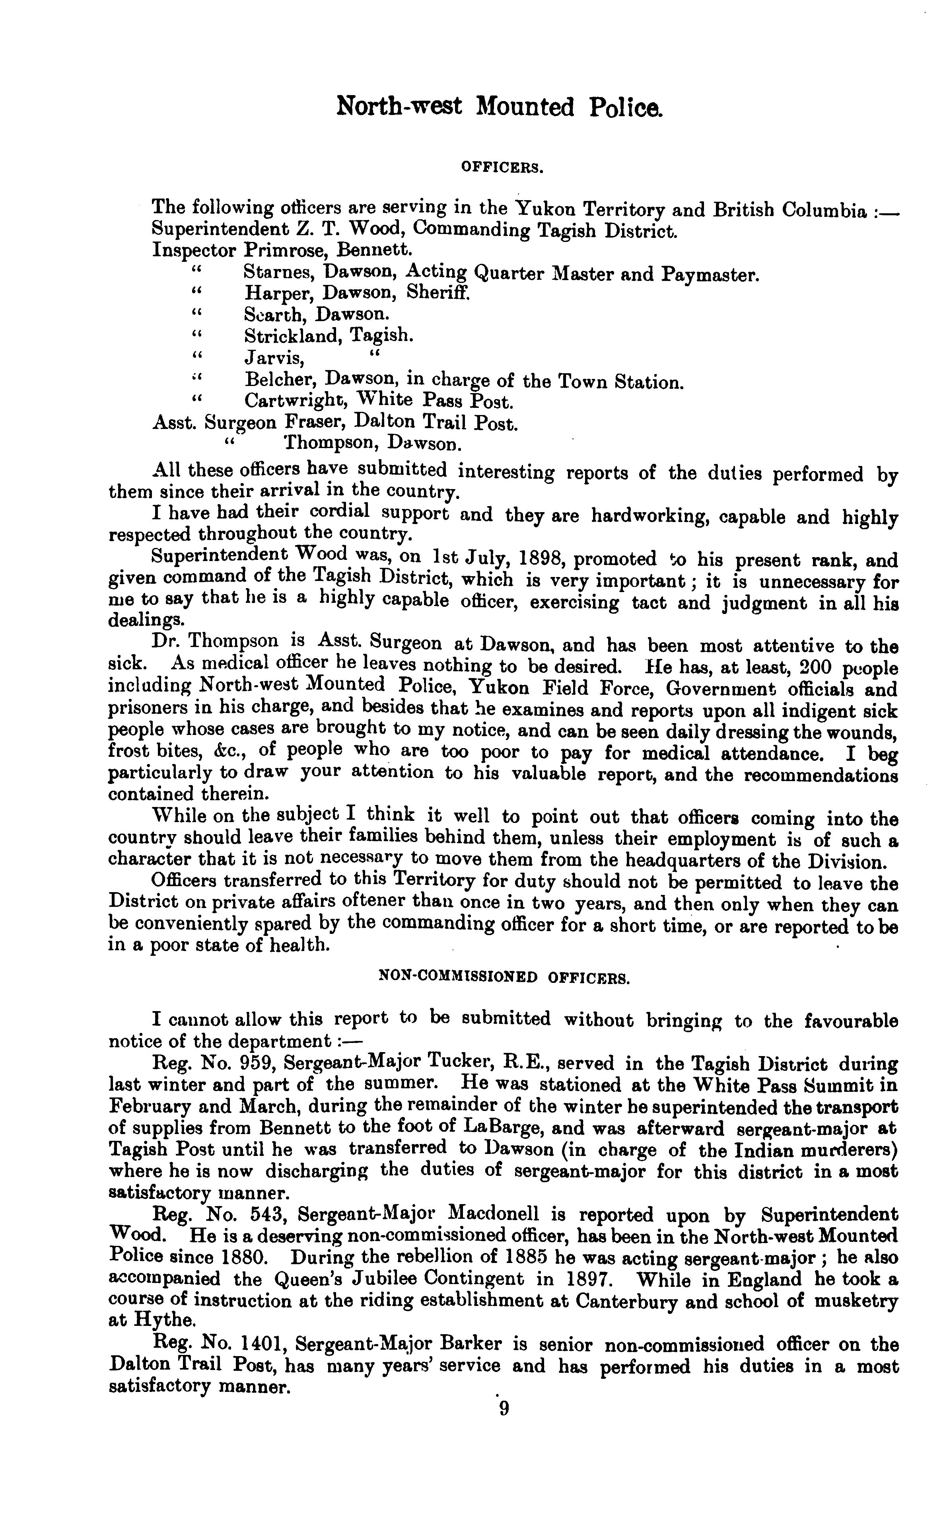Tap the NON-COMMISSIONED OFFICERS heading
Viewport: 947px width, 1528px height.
point(505,978)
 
